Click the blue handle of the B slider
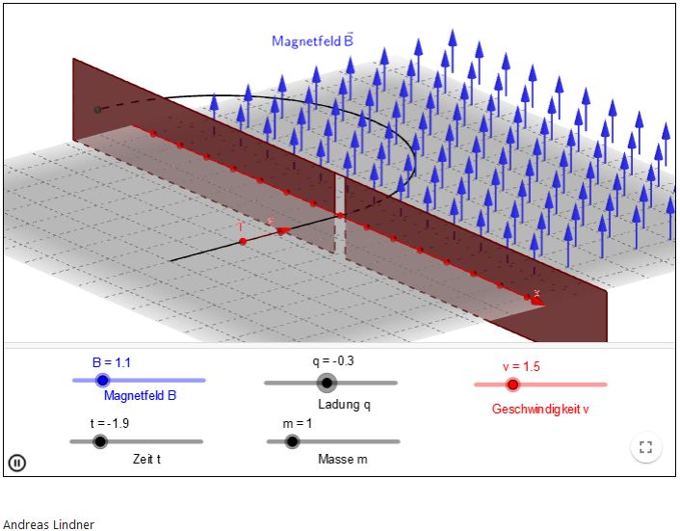click(103, 381)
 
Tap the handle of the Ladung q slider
click(327, 383)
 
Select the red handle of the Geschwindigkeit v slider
click(513, 385)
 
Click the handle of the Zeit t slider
click(99, 441)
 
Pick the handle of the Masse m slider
click(292, 441)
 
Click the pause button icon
click(16, 463)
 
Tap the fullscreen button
click(645, 447)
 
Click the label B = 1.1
click(111, 362)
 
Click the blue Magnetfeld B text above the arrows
click(312, 40)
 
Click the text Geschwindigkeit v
click(539, 409)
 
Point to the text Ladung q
click(344, 404)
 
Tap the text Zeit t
click(147, 460)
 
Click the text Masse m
click(342, 460)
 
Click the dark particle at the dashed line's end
click(97, 110)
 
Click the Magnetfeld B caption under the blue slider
click(140, 395)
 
